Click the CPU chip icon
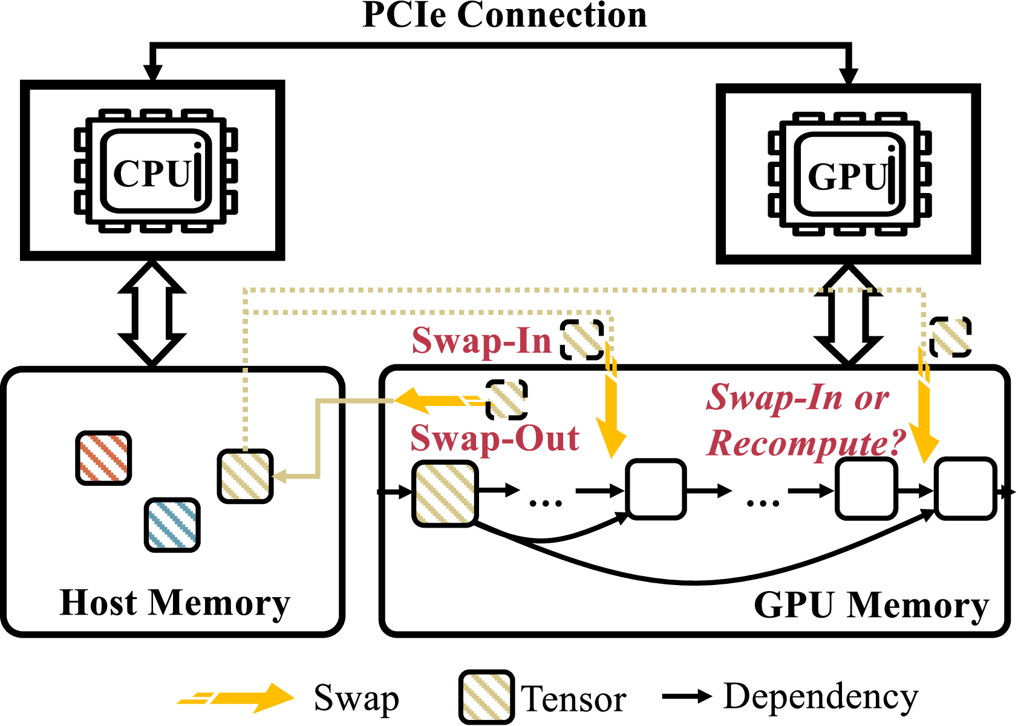[155, 171]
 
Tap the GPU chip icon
[849, 174]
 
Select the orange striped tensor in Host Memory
[103, 458]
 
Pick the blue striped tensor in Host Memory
[172, 525]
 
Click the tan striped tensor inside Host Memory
[245, 476]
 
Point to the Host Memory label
[175, 603]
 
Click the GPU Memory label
[871, 604]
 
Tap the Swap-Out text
[495, 438]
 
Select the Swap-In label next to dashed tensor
[481, 341]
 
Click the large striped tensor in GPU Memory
[445, 493]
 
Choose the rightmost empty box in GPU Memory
[965, 489]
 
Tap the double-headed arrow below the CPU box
[152, 313]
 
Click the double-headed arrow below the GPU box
[848, 315]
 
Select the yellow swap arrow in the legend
[236, 698]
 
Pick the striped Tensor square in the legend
[486, 697]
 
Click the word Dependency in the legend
[820, 697]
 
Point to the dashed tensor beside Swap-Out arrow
[507, 399]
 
